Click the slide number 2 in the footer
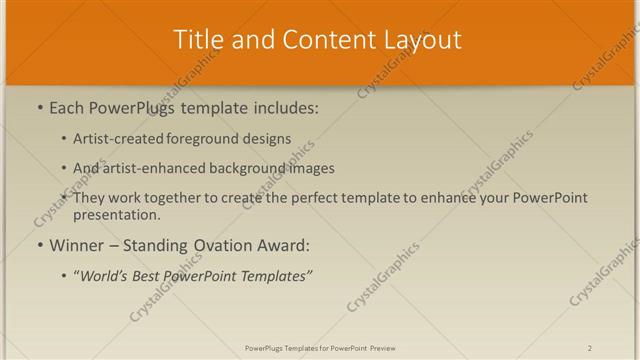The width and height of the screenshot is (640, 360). coord(590,348)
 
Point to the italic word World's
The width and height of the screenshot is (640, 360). coord(106,274)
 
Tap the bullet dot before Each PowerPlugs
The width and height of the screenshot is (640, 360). coord(39,107)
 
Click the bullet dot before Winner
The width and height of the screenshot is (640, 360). coord(39,245)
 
